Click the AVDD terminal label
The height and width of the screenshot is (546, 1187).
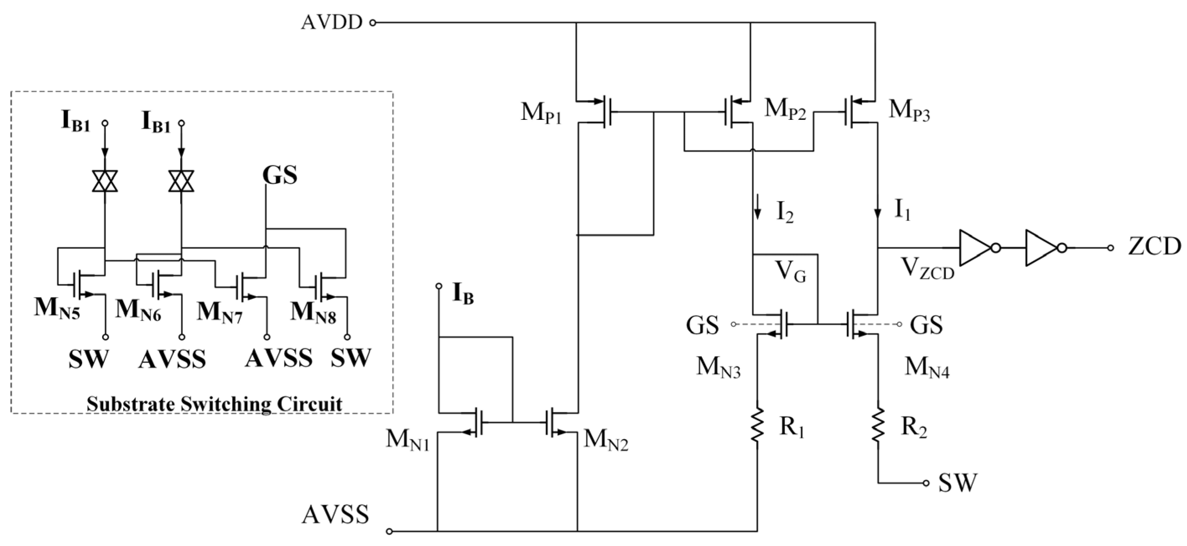(331, 22)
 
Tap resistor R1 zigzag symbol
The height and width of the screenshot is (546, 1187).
(757, 424)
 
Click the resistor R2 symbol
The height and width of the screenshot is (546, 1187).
(878, 424)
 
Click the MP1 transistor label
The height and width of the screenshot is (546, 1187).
(541, 112)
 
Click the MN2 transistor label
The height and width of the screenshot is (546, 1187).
(605, 440)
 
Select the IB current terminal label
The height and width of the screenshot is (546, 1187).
(463, 293)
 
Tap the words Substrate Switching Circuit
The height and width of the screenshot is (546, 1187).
(214, 404)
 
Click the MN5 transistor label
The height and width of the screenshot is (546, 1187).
(57, 309)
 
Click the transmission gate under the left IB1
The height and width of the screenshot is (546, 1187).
(105, 181)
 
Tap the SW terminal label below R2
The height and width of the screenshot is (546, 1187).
(957, 483)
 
